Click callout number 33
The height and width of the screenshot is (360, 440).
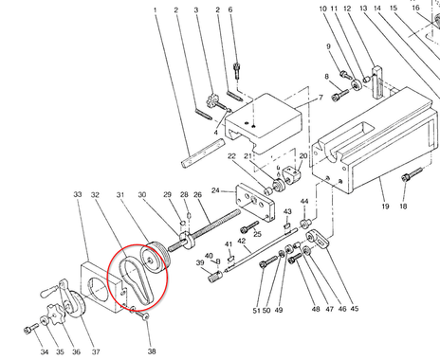[78, 194]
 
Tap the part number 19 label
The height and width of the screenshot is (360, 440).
[385, 207]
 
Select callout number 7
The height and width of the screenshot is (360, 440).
[321, 98]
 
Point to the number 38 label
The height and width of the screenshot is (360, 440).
[152, 351]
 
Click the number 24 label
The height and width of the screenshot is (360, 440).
[215, 190]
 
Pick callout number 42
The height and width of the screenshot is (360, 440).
[241, 241]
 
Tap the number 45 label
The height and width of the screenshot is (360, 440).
[355, 308]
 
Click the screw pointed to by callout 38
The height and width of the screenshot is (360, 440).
[141, 315]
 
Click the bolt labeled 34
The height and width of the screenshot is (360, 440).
[31, 329]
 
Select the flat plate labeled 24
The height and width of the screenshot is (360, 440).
[255, 203]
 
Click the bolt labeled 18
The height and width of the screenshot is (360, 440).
[412, 174]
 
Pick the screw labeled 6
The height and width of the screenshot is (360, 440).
[236, 70]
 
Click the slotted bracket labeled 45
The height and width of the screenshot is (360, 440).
[318, 240]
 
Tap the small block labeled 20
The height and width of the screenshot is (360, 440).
[292, 175]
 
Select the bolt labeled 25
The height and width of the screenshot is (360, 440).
[249, 226]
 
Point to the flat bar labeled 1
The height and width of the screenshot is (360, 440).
[203, 153]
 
